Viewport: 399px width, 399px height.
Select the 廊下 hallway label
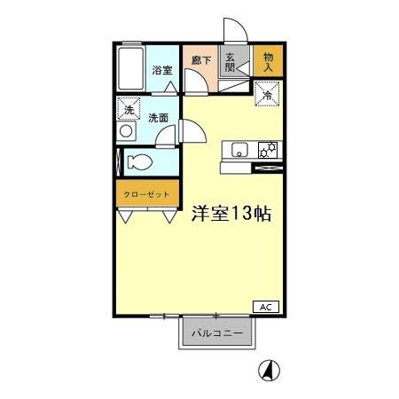coord(200,61)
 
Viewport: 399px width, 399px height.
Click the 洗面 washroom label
coord(158,117)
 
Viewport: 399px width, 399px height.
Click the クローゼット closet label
coord(147,193)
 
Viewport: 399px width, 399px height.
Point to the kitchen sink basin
coord(239,150)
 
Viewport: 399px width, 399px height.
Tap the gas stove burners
coord(268,149)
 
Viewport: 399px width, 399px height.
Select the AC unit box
coord(265,307)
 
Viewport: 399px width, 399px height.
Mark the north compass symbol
coord(265,370)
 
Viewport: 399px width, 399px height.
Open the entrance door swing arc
coord(232,29)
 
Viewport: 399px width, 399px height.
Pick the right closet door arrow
coord(167,215)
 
